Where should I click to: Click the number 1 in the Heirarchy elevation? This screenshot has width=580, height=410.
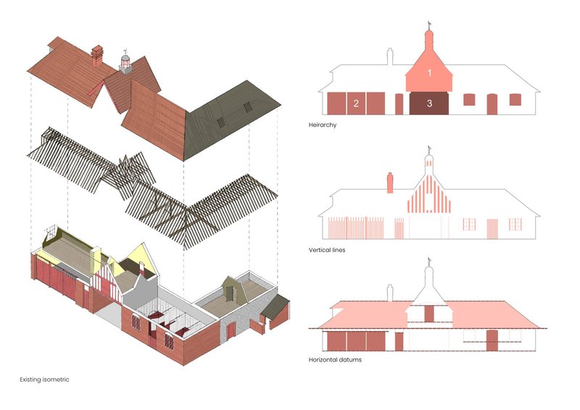click(x=429, y=73)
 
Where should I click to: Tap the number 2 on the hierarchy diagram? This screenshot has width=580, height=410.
click(x=356, y=103)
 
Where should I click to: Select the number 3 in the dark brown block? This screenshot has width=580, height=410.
click(x=429, y=103)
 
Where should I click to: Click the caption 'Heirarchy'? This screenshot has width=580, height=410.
click(x=323, y=125)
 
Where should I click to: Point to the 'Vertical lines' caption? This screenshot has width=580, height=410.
click(x=327, y=250)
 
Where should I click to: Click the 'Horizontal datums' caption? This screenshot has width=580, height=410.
click(x=335, y=359)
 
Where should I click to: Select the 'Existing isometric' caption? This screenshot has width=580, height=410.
click(x=44, y=380)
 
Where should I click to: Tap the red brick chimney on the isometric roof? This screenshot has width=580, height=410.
click(x=97, y=56)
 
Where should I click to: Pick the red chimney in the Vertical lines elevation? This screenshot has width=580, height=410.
click(x=390, y=183)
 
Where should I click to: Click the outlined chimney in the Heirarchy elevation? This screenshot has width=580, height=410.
click(x=390, y=57)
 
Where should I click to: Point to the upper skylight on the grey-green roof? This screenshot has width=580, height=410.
click(x=247, y=106)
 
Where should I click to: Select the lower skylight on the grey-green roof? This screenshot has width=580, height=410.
click(x=221, y=122)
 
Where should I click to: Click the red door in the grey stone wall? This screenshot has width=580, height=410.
click(x=231, y=330)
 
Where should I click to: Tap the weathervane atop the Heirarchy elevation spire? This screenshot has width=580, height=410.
click(x=429, y=25)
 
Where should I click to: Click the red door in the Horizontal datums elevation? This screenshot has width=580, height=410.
click(x=492, y=340)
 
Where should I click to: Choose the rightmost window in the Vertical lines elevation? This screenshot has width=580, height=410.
click(x=515, y=225)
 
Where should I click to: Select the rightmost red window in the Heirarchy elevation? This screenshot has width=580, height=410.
click(x=515, y=100)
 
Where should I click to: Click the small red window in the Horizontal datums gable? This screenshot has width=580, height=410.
click(x=429, y=314)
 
